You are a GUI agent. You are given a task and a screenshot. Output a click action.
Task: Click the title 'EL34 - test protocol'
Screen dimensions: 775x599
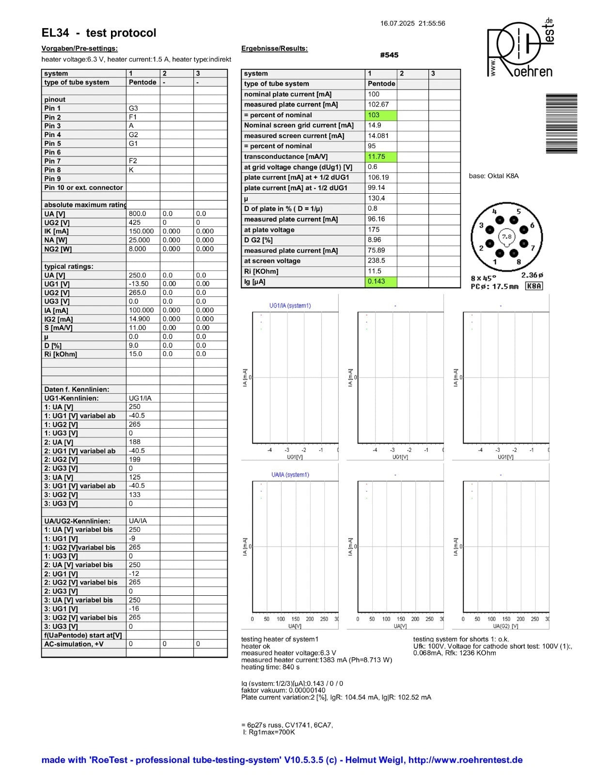[x=99, y=33]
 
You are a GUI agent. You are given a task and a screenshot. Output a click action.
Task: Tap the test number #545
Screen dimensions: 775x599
[x=389, y=55]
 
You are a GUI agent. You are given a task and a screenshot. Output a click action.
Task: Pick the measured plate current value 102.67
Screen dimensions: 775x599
[x=378, y=105]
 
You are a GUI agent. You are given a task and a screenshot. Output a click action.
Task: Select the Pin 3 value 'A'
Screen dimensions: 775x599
[x=131, y=126]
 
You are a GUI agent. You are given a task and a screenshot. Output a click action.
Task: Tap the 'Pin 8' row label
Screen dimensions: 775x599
[x=53, y=170]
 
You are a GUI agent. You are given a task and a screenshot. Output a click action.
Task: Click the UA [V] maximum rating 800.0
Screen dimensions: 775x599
[x=138, y=214]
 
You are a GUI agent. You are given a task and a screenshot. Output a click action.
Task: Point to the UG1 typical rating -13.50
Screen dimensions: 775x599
[x=139, y=284]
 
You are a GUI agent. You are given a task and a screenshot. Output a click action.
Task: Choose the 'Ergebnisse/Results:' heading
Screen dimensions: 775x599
[x=274, y=48]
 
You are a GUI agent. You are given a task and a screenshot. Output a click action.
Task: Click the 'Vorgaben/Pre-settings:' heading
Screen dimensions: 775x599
[x=79, y=48]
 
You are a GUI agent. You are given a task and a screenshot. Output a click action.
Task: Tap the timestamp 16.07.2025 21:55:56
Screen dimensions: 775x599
[x=412, y=23]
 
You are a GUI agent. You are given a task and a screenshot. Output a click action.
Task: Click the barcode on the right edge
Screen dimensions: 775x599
[x=561, y=124]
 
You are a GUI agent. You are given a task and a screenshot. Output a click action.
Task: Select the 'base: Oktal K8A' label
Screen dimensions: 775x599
[x=493, y=176]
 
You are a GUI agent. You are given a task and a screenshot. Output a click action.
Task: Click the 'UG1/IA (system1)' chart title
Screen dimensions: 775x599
[x=290, y=306]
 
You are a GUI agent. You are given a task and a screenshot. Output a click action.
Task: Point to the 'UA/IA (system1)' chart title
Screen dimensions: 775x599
[x=290, y=475]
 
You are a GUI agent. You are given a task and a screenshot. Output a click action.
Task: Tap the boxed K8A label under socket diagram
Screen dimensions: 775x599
[x=534, y=286]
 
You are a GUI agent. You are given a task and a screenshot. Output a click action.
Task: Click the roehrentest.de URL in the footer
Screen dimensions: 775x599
[x=465, y=760]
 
